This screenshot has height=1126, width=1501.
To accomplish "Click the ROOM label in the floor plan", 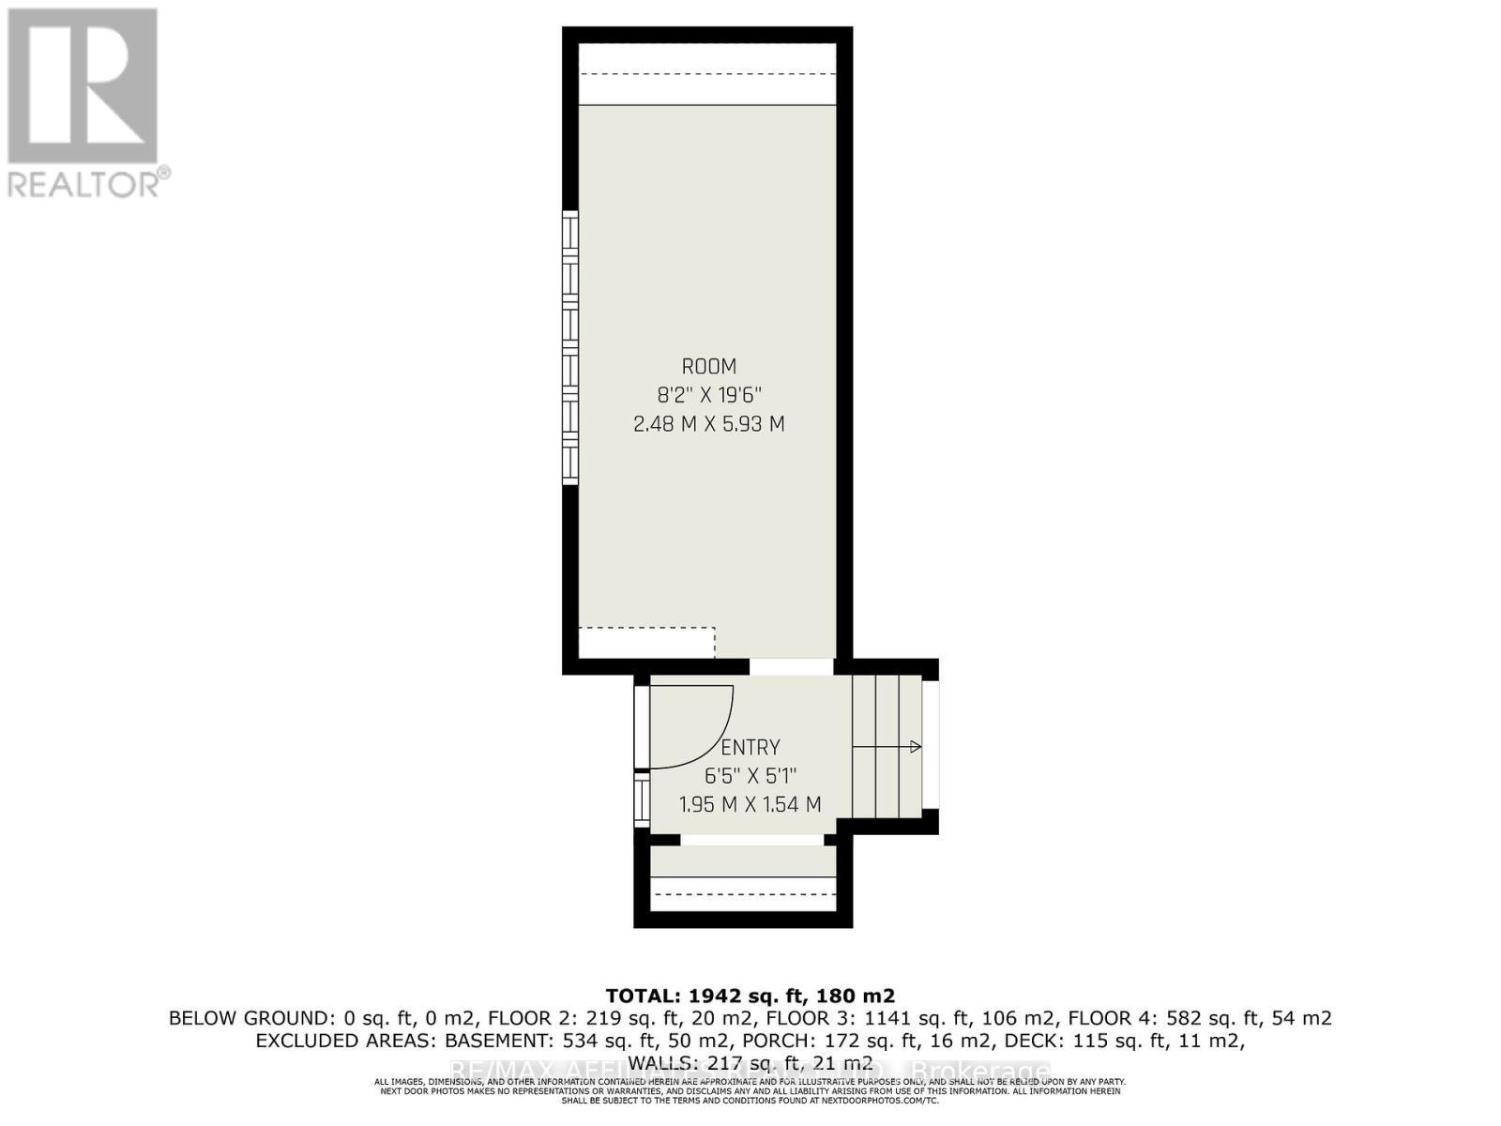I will pos(708,366).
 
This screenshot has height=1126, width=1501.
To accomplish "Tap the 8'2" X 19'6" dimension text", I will pos(708,395).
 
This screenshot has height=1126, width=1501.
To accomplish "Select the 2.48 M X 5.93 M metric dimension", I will pos(708,424).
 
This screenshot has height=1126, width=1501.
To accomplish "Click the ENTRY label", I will pos(750,748).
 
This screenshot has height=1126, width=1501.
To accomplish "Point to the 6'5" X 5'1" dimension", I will pos(750,776).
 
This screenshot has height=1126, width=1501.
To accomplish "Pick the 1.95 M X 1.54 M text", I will pos(750,804).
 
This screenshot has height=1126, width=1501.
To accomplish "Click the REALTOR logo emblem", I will pos(83,86).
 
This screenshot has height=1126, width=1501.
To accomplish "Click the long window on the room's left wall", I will pos(569,347).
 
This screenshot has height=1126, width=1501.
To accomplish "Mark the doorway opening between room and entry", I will pos(791,666).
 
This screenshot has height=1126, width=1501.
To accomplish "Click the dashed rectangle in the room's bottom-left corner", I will pos(646,643).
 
